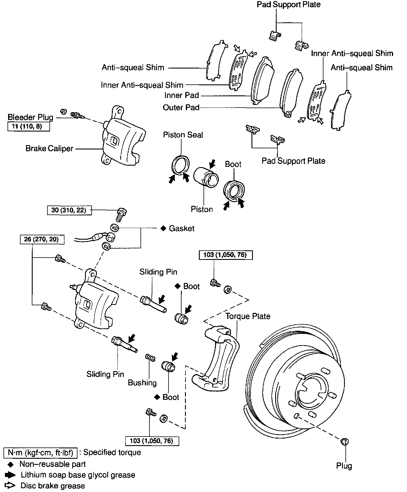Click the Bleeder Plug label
pyautogui.click(x=30, y=117)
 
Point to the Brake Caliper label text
pyautogui.click(x=49, y=149)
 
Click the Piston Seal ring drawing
pyautogui.click(x=181, y=165)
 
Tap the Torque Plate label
pyautogui.click(x=248, y=316)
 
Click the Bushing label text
pyautogui.click(x=142, y=383)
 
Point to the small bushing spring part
pyautogui.click(x=150, y=358)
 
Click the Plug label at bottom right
pyautogui.click(x=344, y=466)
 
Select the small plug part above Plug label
pyautogui.click(x=345, y=441)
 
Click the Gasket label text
pyautogui.click(x=182, y=228)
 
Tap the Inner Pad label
pyautogui.click(x=182, y=95)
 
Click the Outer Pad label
pyautogui.click(x=181, y=108)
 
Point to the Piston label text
pyautogui.click(x=202, y=209)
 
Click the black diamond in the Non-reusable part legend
pyautogui.click(x=10, y=465)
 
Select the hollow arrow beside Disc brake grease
pyautogui.click(x=10, y=485)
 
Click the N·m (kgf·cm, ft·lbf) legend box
pyautogui.click(x=40, y=453)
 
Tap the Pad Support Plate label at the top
pyautogui.click(x=288, y=5)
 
